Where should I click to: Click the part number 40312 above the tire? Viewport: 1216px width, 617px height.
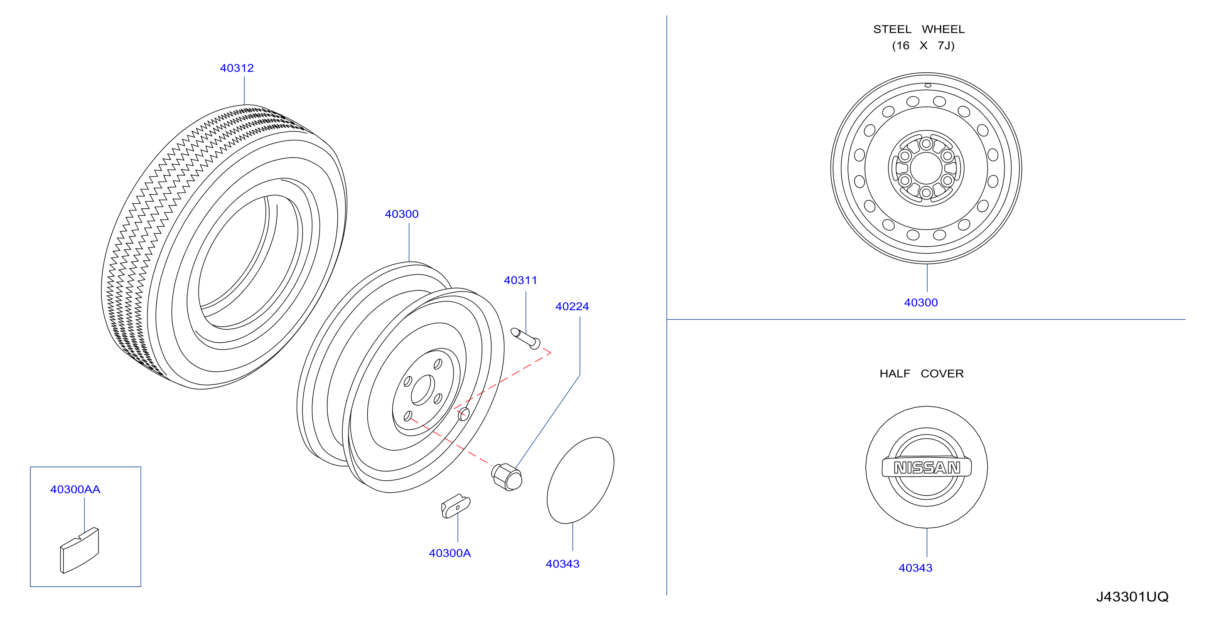[x=236, y=68]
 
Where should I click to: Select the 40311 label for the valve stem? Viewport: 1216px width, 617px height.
[x=520, y=280]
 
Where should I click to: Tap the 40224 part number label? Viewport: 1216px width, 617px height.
[x=572, y=306]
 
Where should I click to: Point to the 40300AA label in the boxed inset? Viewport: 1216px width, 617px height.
[x=75, y=489]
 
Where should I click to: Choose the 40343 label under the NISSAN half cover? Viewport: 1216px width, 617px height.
[x=915, y=568]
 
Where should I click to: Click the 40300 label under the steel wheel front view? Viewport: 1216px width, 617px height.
[x=921, y=302]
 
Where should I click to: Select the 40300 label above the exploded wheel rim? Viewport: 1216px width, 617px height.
[x=401, y=214]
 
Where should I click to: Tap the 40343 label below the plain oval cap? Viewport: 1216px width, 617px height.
[x=562, y=564]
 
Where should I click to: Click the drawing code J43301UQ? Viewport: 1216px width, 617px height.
[x=1132, y=597]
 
